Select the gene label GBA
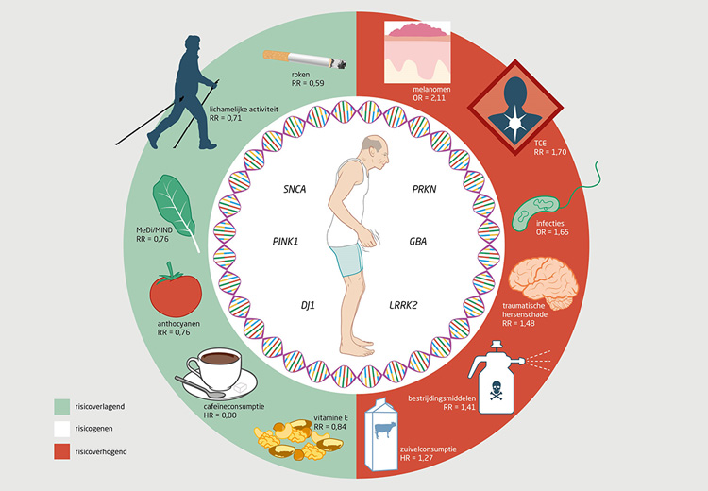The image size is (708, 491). click(x=417, y=242)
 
